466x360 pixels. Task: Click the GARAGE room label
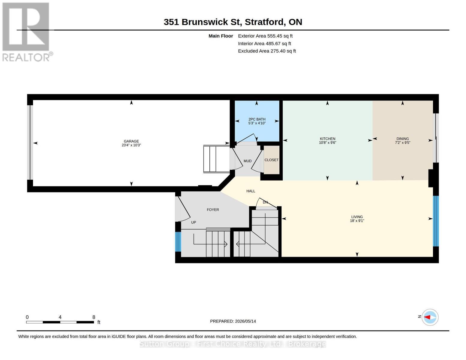coord(131,141)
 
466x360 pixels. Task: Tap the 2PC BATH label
coord(257,119)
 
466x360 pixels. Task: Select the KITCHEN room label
coord(327,139)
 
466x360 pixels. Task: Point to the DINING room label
coord(402,139)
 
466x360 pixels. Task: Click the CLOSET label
coord(272,160)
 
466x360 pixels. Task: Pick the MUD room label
coord(248,161)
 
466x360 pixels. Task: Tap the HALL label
coord(251,191)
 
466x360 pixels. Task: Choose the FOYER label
coord(213,210)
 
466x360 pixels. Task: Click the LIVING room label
coord(357,217)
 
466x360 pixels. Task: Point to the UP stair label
coord(194,223)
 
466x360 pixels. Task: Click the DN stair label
coord(265,202)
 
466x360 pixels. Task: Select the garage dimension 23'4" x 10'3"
coord(131,145)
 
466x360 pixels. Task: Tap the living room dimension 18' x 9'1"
coord(357,221)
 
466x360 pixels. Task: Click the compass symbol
coord(430,317)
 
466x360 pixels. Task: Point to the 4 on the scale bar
coord(60,317)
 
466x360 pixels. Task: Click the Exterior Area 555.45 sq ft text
coord(265,36)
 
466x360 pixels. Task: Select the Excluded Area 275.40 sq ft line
coord(267,51)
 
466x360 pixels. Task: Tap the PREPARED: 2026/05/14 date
coord(233,321)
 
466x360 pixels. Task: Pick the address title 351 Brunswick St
coord(203,22)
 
